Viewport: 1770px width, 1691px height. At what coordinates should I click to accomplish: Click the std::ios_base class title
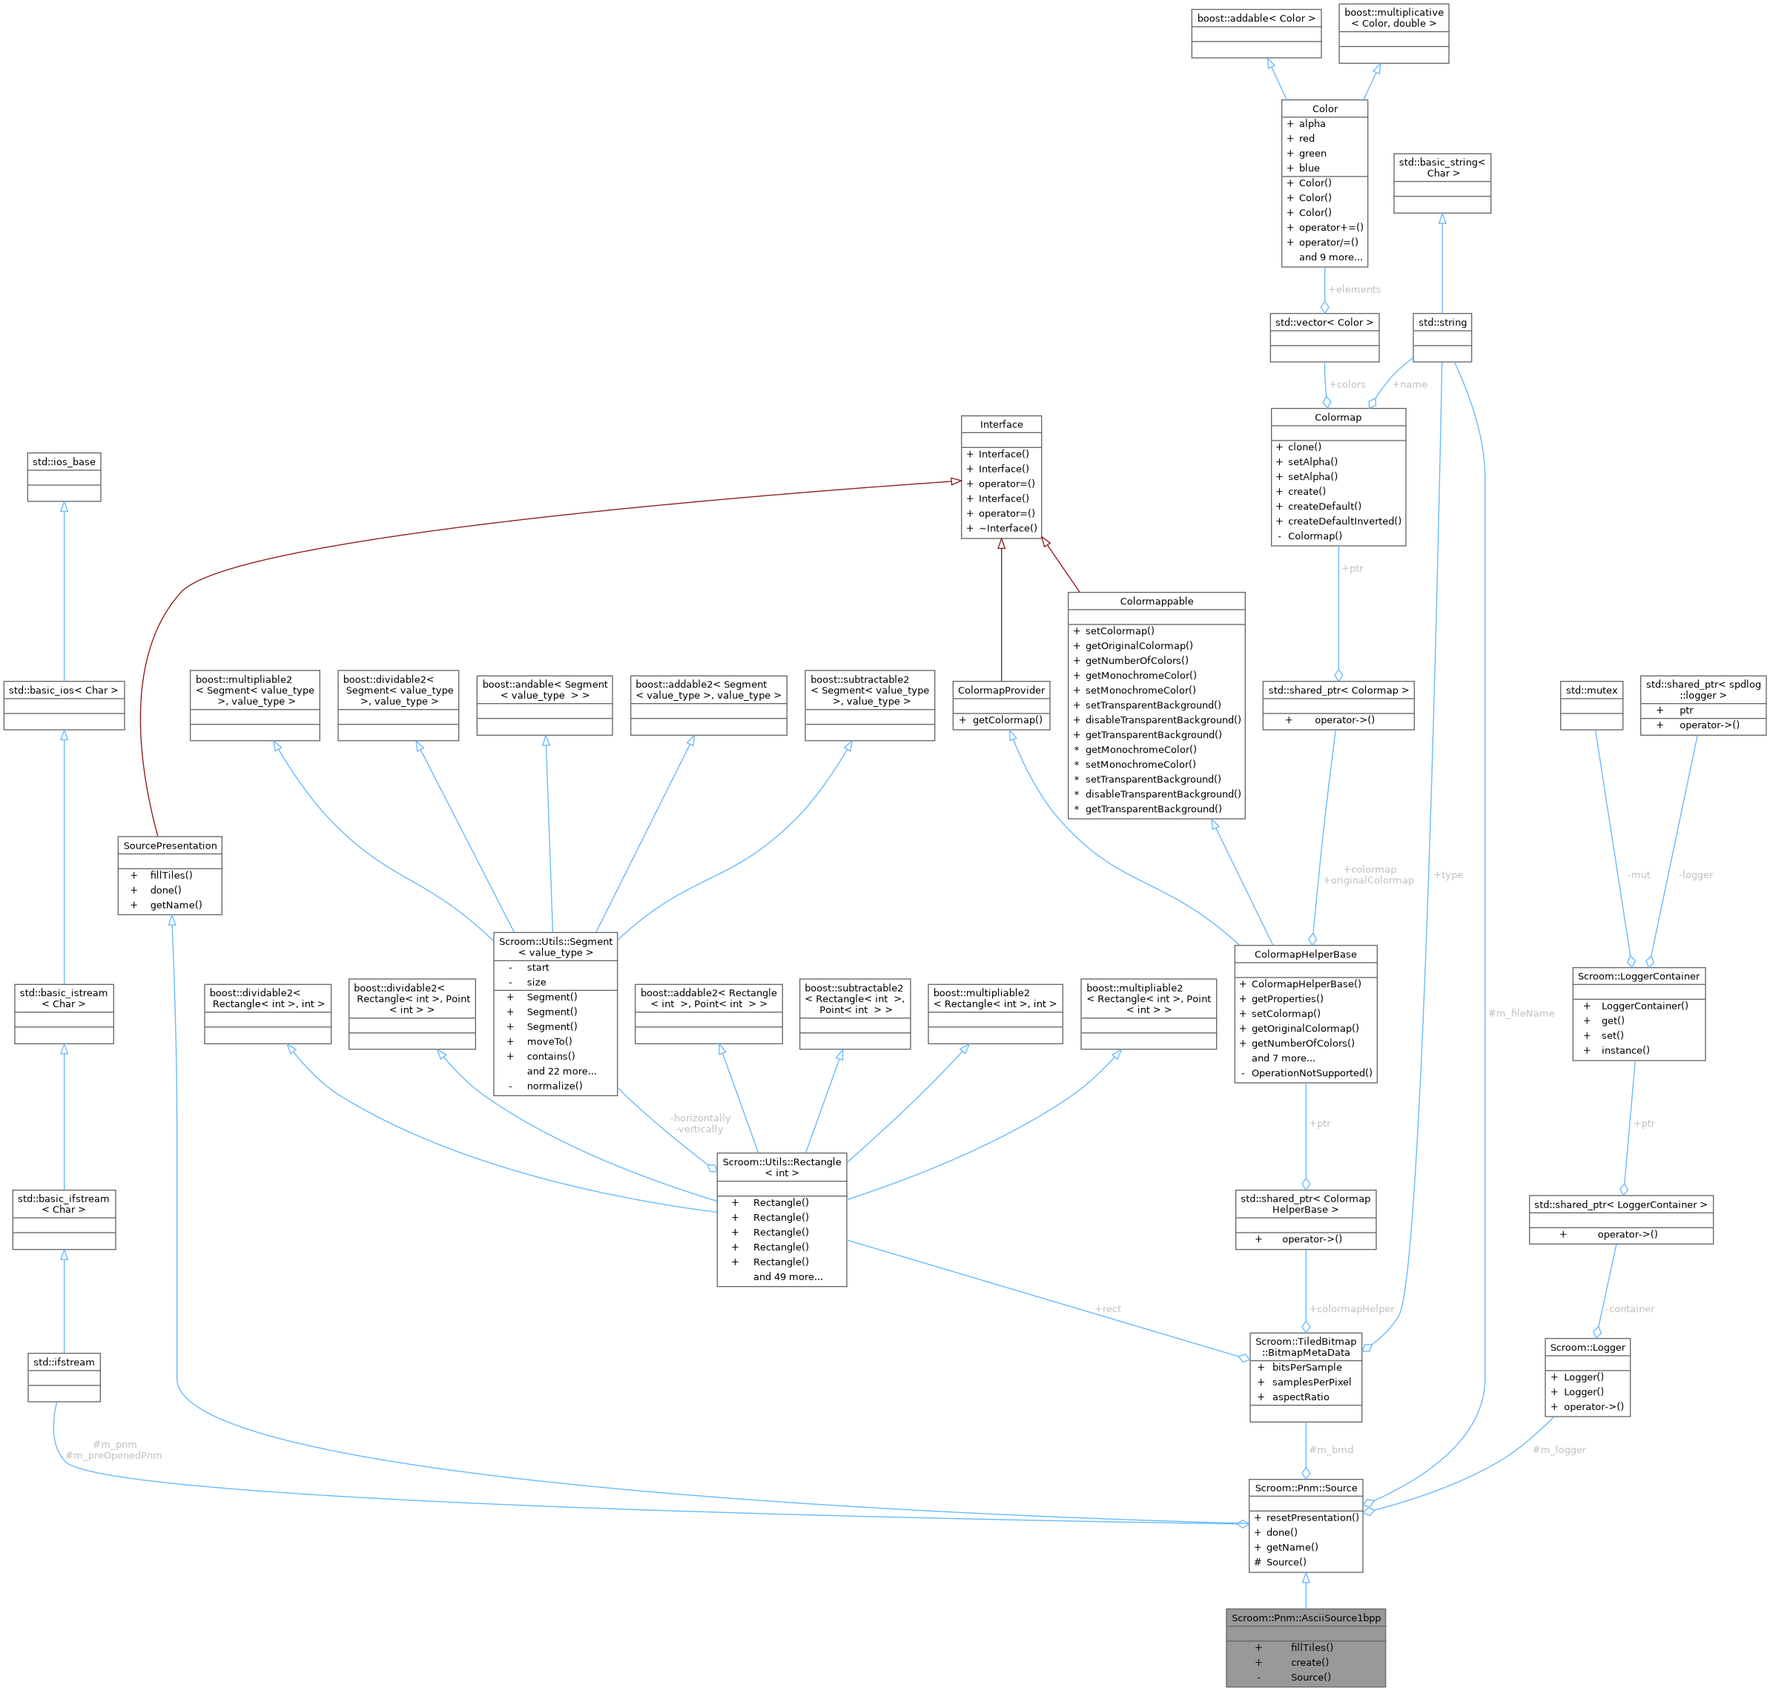[x=64, y=461]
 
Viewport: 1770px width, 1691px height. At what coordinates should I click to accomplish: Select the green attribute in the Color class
[x=1312, y=154]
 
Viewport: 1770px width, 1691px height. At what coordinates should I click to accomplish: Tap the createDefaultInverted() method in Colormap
[x=1344, y=521]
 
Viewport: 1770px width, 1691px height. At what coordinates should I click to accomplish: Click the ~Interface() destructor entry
[x=1008, y=528]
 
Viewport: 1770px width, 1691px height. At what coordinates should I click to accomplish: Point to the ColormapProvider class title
[x=1001, y=690]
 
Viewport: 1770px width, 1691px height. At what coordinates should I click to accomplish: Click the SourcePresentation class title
[x=171, y=845]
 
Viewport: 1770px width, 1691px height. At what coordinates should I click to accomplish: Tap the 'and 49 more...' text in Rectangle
[x=787, y=1276]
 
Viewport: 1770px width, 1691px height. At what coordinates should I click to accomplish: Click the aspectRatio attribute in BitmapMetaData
[x=1300, y=1397]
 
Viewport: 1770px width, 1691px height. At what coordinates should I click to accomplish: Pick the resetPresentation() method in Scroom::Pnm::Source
[x=1311, y=1517]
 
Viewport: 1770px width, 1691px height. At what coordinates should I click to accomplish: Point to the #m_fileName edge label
[x=1522, y=1013]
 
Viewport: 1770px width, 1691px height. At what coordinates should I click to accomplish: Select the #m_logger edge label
[x=1559, y=1449]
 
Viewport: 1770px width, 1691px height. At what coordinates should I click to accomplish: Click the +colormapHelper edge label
[x=1351, y=1309]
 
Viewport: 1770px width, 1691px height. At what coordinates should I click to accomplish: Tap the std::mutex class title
[x=1591, y=690]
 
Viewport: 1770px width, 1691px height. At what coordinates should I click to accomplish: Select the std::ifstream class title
[x=64, y=1362]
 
